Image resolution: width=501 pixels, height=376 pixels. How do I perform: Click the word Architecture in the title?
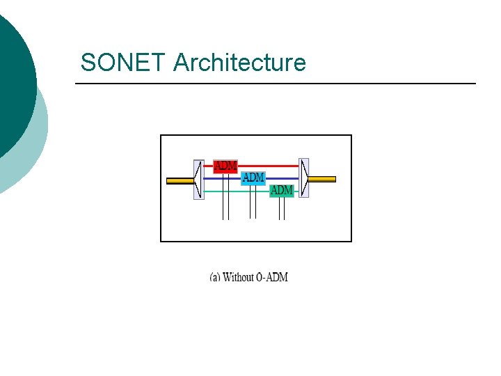pos(239,63)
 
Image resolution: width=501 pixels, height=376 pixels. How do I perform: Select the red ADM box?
pos(225,166)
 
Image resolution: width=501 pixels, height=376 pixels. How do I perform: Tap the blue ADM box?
pos(253,178)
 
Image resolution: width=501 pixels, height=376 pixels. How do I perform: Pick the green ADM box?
pos(281,189)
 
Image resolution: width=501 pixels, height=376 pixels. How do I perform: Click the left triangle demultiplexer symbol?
pos(198,179)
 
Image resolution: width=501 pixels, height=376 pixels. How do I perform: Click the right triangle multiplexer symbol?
pos(303,178)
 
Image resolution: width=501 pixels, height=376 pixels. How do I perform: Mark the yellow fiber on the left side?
pos(180,180)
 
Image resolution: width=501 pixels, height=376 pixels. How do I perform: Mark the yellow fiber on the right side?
pos(321,179)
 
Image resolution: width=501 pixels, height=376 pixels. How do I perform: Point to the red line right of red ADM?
pos(268,166)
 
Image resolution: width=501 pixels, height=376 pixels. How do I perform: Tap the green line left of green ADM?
pos(237,190)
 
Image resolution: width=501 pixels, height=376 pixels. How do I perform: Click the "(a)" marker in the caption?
pos(215,277)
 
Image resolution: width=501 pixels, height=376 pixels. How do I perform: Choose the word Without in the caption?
pos(239,277)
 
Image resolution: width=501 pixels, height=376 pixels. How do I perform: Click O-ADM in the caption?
pos(272,277)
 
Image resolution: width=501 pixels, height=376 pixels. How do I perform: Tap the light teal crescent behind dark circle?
pos(38,139)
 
